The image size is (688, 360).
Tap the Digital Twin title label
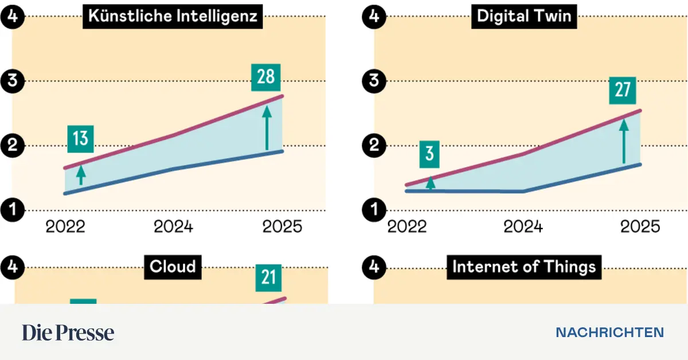pos(524,16)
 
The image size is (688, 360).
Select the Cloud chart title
pos(173,267)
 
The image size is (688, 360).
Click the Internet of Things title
pos(524,267)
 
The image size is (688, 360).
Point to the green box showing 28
pos(266,77)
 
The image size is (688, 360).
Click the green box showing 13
pos(81,139)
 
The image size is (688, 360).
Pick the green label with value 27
pos(623,91)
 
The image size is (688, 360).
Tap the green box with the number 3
pos(430,154)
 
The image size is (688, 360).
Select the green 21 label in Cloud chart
pos(269,277)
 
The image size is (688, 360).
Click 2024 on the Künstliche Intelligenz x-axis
pos(173,227)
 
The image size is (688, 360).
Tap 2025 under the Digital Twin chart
pos(640,227)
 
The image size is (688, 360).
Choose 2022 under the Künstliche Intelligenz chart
pos(65,227)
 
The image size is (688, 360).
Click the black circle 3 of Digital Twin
pos(375,81)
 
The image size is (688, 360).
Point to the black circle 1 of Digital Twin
pos(375,210)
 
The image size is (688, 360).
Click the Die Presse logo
pos(68,332)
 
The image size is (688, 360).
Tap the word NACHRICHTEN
pos(609,332)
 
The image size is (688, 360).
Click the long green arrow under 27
pos(623,141)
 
